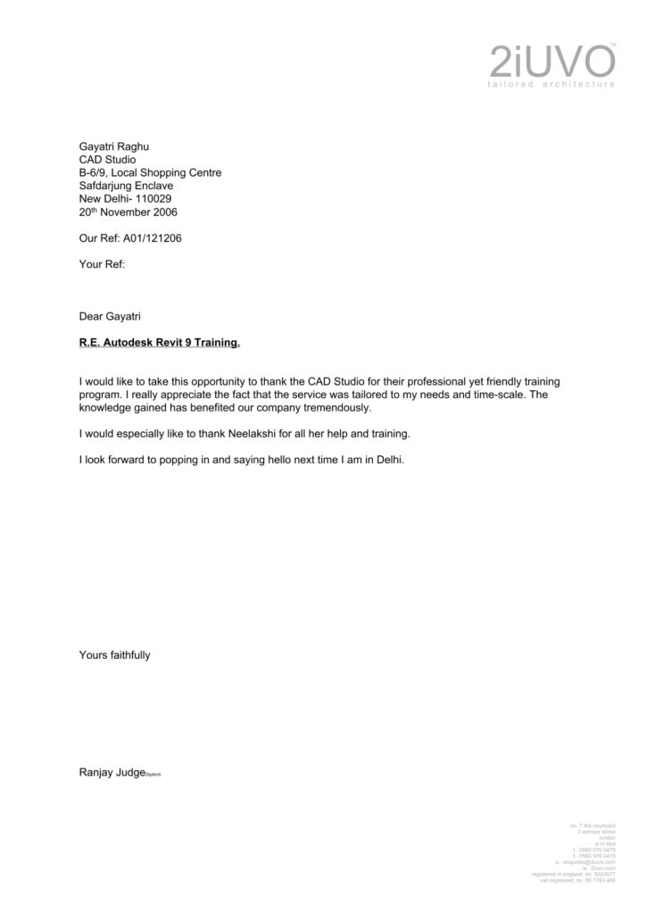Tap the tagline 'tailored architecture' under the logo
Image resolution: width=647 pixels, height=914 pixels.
pos(552,84)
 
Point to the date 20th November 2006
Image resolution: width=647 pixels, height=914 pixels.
pos(129,212)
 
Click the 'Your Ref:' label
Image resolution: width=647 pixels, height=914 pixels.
pos(102,265)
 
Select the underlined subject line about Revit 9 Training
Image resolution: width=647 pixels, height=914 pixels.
pos(160,342)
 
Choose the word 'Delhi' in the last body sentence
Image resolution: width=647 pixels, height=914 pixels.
pos(391,461)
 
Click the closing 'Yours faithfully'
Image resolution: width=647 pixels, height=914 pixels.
pos(115,655)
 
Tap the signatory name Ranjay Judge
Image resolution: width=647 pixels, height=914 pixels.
pos(112,772)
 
